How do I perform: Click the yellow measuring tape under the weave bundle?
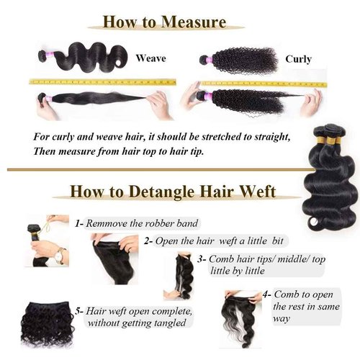[x=101, y=82]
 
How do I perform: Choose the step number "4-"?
[x=267, y=294]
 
